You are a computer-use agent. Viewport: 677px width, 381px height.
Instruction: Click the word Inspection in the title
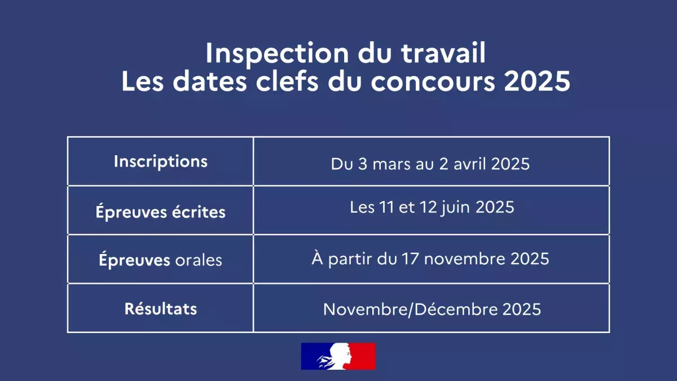[x=277, y=54]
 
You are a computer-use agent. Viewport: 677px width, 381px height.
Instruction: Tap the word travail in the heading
[x=443, y=52]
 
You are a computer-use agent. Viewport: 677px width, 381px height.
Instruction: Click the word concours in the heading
[x=433, y=82]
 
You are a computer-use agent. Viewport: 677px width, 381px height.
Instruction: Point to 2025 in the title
[x=537, y=81]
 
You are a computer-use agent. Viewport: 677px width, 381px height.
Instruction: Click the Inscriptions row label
[x=161, y=161]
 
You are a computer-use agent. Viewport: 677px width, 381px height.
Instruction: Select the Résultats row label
[x=161, y=309]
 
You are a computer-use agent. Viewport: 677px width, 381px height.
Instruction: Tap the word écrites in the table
[x=199, y=212]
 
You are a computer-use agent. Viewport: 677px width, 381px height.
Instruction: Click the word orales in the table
[x=199, y=260]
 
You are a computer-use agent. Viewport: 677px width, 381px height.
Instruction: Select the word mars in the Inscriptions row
[x=392, y=164]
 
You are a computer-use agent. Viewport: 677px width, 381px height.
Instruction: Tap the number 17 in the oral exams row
[x=410, y=259]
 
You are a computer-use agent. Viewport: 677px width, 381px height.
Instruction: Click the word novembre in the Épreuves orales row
[x=464, y=259]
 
